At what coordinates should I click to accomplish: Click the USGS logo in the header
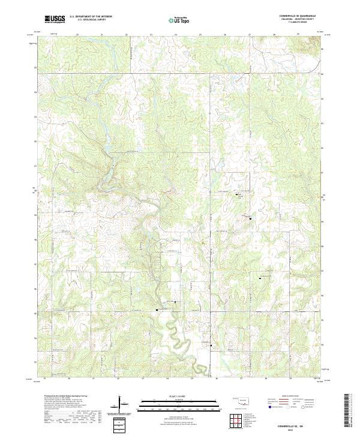click(x=55, y=19)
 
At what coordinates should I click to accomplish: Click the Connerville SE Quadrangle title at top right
click(x=296, y=16)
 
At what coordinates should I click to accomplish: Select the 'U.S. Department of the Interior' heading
click(x=91, y=16)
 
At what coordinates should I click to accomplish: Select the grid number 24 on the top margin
click(x=175, y=35)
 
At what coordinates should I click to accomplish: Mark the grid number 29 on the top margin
click(x=298, y=35)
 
